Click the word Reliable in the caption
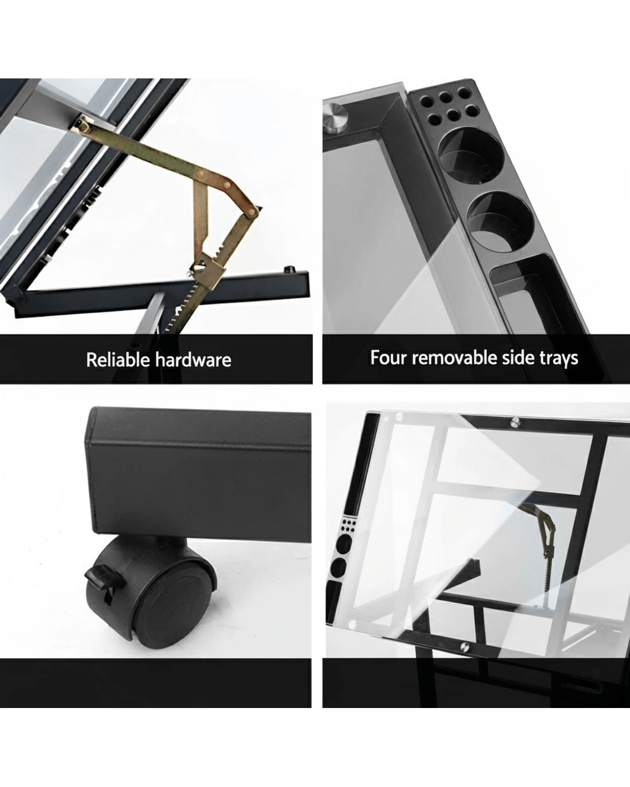[119, 359]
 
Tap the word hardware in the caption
[194, 359]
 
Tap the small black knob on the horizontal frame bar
[289, 270]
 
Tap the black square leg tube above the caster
[199, 476]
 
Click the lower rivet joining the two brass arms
[251, 211]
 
